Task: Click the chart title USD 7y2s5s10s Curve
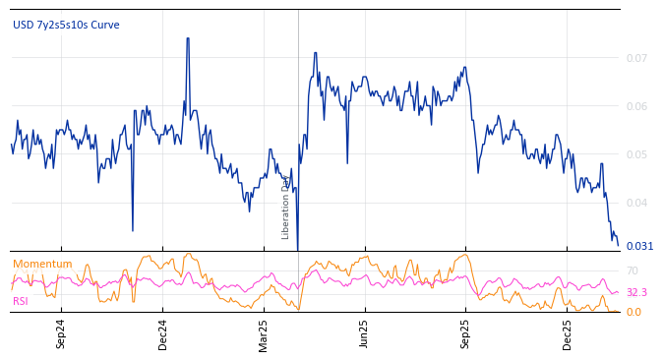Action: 66,25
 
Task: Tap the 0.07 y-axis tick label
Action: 636,59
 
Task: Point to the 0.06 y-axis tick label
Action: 636,107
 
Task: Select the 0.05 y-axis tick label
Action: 636,155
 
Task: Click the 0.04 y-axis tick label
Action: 636,204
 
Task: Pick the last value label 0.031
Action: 639,246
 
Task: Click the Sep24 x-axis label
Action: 61,333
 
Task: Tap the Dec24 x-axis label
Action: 163,333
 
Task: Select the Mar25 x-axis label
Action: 264,333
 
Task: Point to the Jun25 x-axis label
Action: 365,333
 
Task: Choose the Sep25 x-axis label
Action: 466,333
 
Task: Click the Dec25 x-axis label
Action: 568,333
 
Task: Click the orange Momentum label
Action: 42,265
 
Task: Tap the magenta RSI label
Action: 21,301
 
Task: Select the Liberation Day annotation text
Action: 286,207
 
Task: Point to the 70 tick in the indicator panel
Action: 633,270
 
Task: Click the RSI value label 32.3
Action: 636,292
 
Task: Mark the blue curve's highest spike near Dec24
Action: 188,39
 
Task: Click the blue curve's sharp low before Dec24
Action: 133,230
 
